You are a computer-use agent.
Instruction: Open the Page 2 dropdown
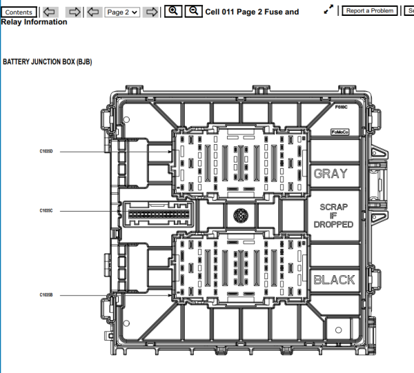[x=122, y=12]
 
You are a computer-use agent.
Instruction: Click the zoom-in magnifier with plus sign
[x=174, y=12]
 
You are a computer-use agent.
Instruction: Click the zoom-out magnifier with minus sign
[x=195, y=12]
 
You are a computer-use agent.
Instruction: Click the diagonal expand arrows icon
[x=329, y=10]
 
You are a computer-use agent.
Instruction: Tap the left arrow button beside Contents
[x=49, y=12]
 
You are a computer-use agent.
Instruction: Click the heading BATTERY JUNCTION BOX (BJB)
[x=48, y=62]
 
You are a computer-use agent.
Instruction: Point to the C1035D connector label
[x=46, y=151]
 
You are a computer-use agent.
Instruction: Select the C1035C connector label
[x=46, y=210]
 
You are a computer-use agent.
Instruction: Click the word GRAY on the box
[x=331, y=173]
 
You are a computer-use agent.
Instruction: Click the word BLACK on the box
[x=334, y=279]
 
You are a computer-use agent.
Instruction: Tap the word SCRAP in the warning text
[x=334, y=207]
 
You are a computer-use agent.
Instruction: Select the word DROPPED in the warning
[x=333, y=225]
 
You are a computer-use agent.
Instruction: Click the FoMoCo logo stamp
[x=339, y=131]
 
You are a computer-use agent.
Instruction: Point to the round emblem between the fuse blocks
[x=241, y=215]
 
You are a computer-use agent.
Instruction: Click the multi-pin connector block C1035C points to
[x=157, y=214]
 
